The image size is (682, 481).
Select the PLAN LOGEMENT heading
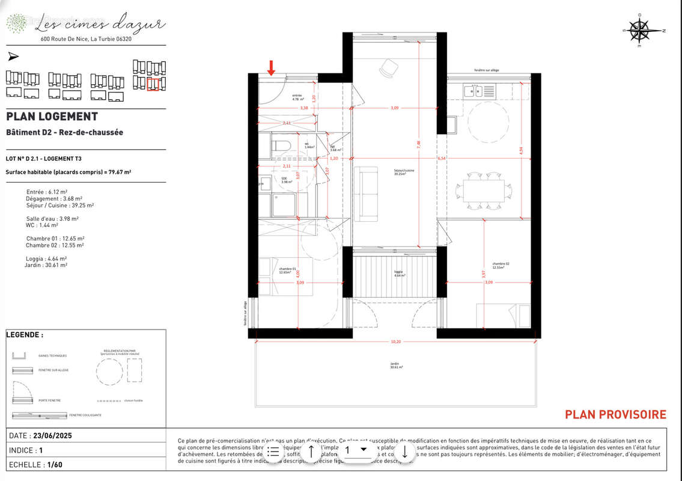[52, 117]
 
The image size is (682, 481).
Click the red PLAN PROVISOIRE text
[615, 414]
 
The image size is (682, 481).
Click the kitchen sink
[473, 91]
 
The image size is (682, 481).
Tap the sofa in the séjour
[365, 194]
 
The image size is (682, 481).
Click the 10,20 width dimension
[395, 342]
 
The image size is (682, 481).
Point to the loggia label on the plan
[399, 274]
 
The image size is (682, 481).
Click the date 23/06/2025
[53, 435]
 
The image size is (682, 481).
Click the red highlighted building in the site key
[153, 84]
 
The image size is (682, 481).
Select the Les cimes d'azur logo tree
[17, 23]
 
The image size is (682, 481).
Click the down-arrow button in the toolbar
[405, 451]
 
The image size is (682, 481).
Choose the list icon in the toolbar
[273, 451]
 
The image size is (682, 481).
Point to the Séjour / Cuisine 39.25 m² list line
[59, 205]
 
